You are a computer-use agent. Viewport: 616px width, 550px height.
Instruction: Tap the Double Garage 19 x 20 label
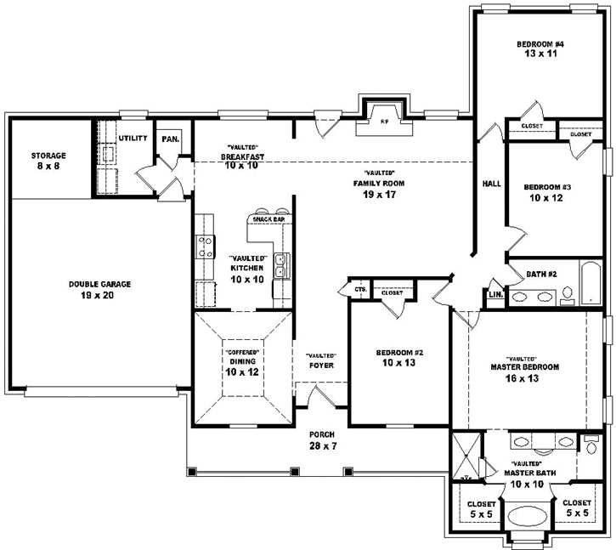tap(99, 290)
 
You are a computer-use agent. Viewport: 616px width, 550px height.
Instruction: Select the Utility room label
tap(133, 138)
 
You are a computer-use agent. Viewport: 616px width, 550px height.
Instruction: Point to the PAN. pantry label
tap(170, 139)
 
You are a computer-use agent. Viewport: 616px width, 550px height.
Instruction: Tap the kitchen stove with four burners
tap(205, 247)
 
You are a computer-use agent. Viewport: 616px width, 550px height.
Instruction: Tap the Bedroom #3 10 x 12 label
tap(547, 193)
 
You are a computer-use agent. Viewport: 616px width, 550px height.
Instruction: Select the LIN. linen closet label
tap(495, 295)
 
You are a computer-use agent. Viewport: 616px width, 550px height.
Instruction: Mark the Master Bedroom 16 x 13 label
tap(524, 372)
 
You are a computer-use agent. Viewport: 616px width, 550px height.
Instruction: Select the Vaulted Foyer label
tap(321, 360)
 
